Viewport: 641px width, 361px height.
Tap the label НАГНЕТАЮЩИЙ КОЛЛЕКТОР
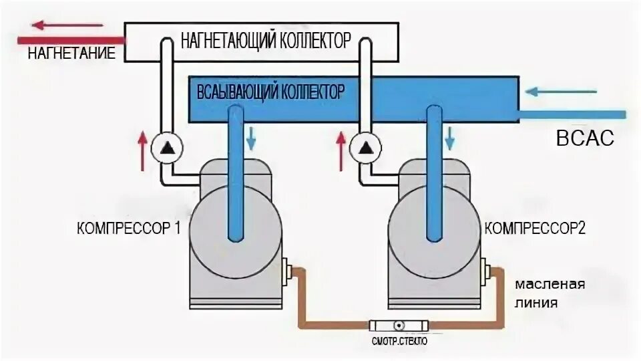tap(265, 41)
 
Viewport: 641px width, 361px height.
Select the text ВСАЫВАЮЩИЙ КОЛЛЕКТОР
tap(270, 91)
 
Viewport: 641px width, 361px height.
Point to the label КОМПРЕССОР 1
tap(129, 227)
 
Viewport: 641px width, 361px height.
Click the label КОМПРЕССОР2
tap(535, 227)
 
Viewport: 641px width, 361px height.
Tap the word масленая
tap(550, 284)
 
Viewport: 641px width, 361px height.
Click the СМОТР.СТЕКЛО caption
tap(398, 342)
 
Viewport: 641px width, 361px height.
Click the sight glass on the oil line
tap(398, 326)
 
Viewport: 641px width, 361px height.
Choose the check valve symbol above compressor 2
tap(364, 148)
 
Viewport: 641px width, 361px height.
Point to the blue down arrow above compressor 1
tap(252, 137)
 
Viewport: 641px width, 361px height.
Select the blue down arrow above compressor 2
tap(451, 137)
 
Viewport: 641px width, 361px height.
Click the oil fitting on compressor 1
tap(288, 271)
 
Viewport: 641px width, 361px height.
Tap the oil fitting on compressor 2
tap(487, 271)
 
